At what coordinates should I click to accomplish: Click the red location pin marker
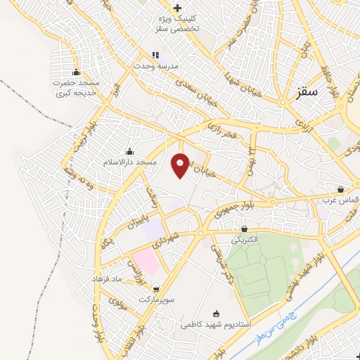[x=181, y=165]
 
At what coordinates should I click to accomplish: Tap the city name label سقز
[x=307, y=91]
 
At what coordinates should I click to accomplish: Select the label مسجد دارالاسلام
[x=129, y=162]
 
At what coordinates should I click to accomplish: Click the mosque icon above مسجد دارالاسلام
[x=129, y=152]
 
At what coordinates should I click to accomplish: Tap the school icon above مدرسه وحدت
[x=156, y=54]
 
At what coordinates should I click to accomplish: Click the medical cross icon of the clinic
[x=179, y=8]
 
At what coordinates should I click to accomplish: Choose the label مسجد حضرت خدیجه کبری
[x=76, y=88]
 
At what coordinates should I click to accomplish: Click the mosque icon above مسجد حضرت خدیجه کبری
[x=76, y=72]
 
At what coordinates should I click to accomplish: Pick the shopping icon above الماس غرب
[x=341, y=190]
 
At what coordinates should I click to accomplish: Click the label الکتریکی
[x=245, y=239]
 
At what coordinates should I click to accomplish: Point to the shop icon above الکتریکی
[x=245, y=229]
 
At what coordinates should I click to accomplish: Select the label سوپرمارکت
[x=155, y=299]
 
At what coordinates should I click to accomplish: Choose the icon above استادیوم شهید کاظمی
[x=216, y=314]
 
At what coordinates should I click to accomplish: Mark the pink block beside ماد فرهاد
[x=146, y=260]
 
